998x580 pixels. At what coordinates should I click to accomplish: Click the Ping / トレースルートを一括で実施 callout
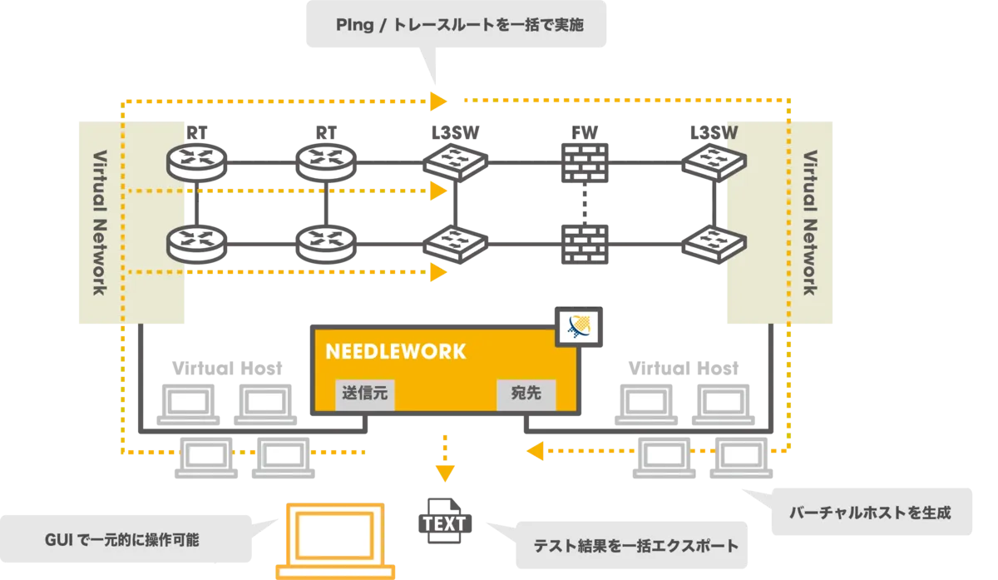coord(460,25)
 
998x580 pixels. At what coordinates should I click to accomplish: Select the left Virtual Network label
coord(99,222)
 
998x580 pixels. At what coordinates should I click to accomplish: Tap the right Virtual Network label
coord(808,222)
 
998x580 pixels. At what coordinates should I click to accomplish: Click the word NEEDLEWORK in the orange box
coord(395,351)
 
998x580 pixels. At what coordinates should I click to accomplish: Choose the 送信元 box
coord(366,393)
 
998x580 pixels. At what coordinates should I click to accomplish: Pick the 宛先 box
coord(526,393)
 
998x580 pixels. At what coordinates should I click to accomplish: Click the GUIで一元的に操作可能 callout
coord(121,539)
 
